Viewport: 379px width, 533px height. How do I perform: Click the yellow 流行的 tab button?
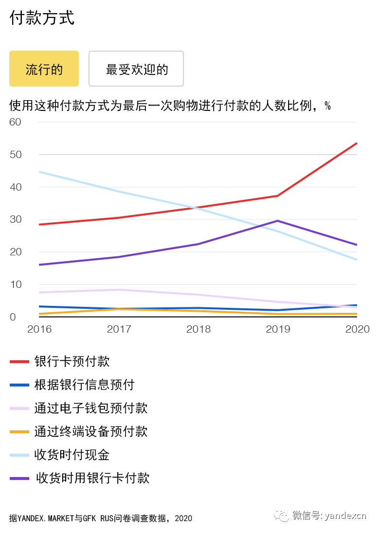tap(44, 69)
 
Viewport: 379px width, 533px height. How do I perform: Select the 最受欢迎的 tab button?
tap(136, 69)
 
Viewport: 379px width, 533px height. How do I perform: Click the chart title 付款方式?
tap(42, 18)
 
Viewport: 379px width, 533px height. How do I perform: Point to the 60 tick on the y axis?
tap(15, 122)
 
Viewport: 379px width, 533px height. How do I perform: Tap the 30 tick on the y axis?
tap(15, 219)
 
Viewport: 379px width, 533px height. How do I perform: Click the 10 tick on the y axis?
tap(15, 284)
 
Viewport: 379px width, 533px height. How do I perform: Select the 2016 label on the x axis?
tap(39, 329)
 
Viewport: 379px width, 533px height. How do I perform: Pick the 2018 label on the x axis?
tap(198, 329)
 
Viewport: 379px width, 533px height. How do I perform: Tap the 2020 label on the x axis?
tap(357, 329)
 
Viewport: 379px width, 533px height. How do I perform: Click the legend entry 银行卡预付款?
tap(72, 361)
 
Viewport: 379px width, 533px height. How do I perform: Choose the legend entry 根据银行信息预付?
tap(84, 385)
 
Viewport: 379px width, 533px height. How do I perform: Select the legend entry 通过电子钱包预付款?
tap(90, 408)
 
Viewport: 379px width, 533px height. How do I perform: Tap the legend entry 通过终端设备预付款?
tap(90, 431)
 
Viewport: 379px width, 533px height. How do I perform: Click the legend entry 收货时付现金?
tap(72, 455)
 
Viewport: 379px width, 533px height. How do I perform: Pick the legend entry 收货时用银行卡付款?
tap(92, 478)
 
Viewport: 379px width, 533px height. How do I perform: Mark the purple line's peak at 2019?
tap(277, 221)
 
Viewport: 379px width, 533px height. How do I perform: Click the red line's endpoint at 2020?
tap(357, 143)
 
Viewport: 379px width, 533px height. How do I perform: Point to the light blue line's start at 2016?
tap(39, 172)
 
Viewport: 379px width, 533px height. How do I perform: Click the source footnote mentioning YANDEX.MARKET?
tap(101, 518)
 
